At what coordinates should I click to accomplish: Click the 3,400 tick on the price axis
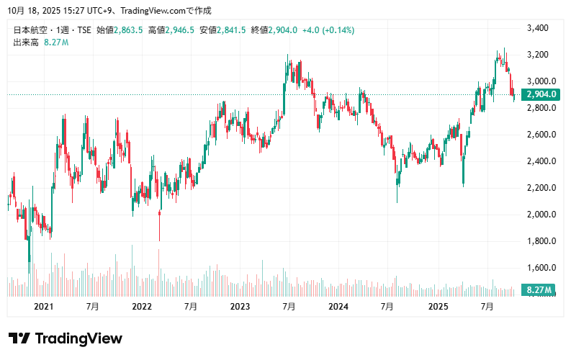(538, 28)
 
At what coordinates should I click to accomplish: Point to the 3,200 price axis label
(538, 55)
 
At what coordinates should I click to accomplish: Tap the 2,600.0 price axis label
(539, 135)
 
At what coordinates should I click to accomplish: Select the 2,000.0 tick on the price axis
(539, 215)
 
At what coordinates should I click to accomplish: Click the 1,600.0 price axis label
(539, 268)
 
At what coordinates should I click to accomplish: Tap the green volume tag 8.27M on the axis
(539, 290)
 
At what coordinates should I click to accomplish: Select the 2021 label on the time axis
(44, 307)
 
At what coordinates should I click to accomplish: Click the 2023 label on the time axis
(240, 307)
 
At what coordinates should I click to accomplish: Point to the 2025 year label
(439, 307)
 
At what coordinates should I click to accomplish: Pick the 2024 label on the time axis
(338, 307)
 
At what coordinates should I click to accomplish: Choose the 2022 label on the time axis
(142, 307)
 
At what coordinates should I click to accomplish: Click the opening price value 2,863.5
(128, 30)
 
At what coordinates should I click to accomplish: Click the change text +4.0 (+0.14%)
(328, 30)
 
